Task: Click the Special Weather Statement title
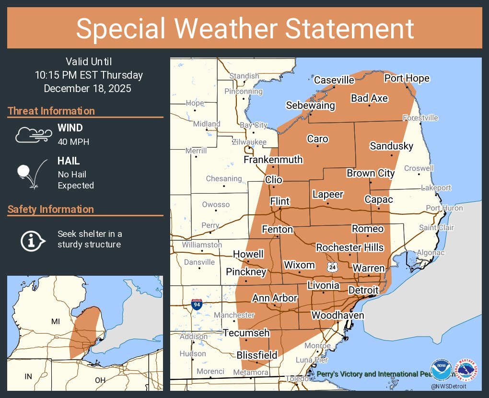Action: coord(244,28)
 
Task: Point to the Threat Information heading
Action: coord(51,111)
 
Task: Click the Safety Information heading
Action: coord(51,209)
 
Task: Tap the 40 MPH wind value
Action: coord(73,141)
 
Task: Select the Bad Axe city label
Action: coord(369,98)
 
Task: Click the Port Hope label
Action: coord(407,78)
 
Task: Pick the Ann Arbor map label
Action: coord(275,298)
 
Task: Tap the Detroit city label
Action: coord(363,290)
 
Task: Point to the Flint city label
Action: coord(279,201)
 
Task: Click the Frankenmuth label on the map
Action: coord(273,159)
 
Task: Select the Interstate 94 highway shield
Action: coord(196,304)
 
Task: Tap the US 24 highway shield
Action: coord(332,267)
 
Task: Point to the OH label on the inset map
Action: coord(100,380)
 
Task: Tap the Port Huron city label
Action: coord(444,208)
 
